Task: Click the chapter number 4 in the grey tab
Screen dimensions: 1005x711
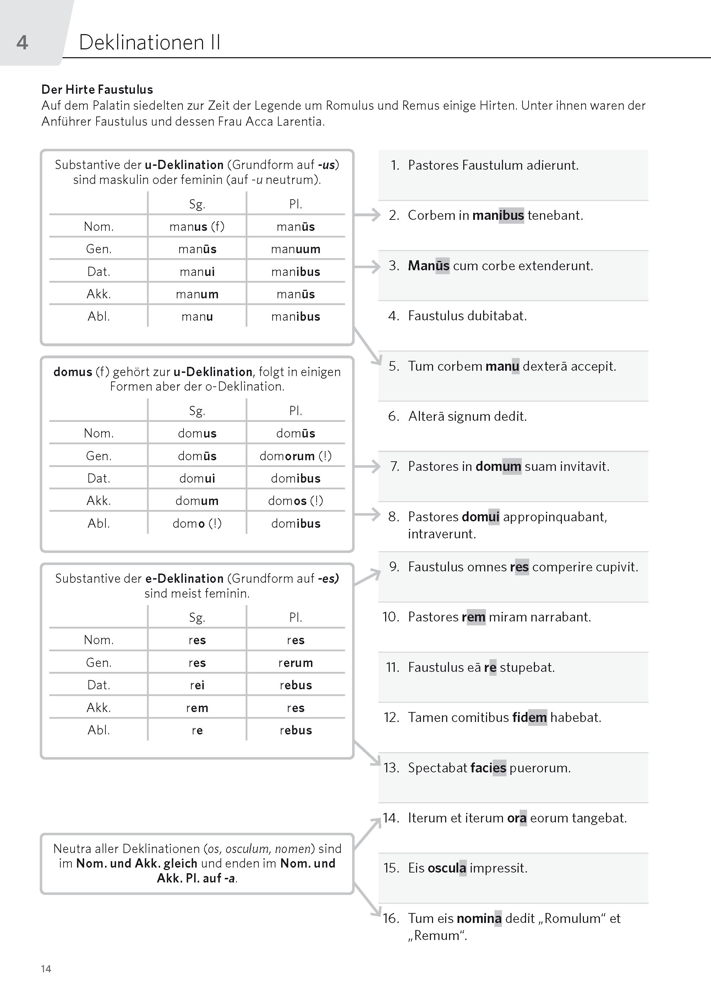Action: tap(22, 43)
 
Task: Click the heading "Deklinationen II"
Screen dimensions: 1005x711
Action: tap(149, 43)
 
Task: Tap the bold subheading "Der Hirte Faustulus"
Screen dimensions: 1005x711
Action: tap(97, 89)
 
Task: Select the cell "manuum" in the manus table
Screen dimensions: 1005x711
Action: tap(296, 249)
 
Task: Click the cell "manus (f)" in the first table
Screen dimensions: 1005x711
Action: tap(197, 227)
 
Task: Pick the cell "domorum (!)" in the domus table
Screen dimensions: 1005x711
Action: tap(296, 456)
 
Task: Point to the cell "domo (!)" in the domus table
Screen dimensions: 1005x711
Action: tap(197, 523)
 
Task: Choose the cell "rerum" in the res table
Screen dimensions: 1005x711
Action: tap(296, 663)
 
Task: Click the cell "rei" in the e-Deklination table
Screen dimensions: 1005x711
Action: tap(197, 685)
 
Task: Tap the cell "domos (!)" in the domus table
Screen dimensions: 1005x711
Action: tap(296, 500)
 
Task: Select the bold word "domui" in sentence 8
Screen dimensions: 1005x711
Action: tap(480, 517)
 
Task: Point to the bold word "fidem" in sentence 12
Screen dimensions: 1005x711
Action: tap(529, 717)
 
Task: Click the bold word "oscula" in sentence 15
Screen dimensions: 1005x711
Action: tap(447, 868)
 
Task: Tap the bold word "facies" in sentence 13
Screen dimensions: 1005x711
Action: tap(488, 768)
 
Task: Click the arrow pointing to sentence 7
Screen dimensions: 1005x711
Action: tap(367, 466)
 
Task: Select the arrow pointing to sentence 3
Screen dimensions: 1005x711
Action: tap(367, 266)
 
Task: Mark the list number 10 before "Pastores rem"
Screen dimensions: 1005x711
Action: tap(390, 616)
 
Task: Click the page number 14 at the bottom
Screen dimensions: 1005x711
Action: tap(46, 969)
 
